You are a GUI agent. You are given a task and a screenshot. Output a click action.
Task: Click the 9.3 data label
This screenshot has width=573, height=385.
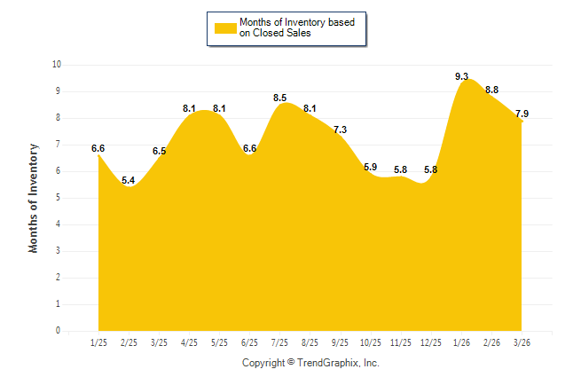click(x=461, y=77)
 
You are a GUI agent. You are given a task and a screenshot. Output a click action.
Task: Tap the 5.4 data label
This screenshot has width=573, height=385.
click(x=129, y=181)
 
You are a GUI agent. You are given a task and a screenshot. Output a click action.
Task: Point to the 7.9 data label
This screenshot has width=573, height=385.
click(x=522, y=114)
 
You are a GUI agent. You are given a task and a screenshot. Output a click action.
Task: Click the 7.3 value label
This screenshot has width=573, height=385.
click(x=340, y=130)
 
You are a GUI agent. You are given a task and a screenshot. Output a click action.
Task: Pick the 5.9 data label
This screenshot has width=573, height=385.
click(x=370, y=167)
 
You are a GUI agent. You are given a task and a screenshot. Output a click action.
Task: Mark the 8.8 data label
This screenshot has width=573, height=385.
click(x=491, y=90)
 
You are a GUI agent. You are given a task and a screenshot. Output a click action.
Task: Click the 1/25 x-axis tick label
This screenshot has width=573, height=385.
click(x=98, y=342)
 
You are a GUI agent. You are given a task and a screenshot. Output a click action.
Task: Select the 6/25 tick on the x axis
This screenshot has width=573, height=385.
click(x=249, y=342)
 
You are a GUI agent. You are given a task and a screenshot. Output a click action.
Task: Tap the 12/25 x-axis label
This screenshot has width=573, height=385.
click(x=430, y=342)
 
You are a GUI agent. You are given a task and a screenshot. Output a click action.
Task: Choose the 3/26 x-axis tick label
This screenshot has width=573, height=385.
click(x=522, y=342)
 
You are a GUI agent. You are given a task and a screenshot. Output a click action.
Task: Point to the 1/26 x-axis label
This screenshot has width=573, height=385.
click(x=461, y=342)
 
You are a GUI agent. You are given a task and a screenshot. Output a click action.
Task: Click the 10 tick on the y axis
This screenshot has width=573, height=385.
click(x=56, y=65)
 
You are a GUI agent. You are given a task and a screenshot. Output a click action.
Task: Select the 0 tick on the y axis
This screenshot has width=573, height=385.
click(x=58, y=331)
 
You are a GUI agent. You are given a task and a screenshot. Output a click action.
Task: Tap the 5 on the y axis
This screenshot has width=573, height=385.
click(x=58, y=198)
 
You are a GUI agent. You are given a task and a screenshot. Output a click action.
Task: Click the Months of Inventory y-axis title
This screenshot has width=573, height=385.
click(x=34, y=198)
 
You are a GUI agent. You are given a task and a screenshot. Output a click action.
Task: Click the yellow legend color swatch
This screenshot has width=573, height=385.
click(x=224, y=27)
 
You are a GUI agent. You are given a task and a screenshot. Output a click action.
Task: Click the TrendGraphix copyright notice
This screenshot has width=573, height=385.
click(x=310, y=363)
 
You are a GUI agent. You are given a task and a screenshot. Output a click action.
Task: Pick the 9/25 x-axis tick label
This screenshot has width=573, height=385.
click(x=340, y=342)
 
